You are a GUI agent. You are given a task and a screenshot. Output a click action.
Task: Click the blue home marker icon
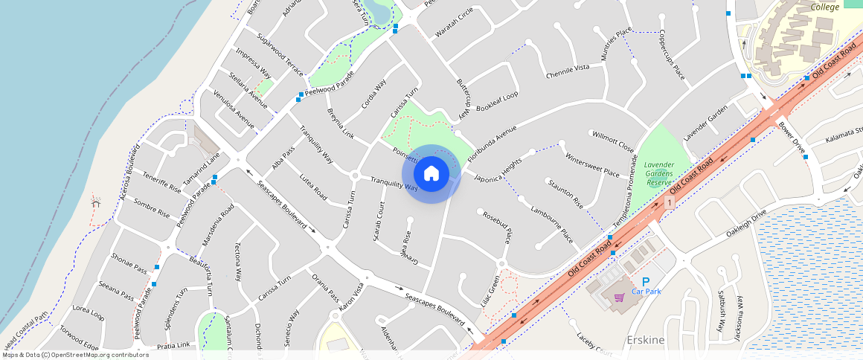431,174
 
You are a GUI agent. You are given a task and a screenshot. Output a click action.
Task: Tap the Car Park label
647,292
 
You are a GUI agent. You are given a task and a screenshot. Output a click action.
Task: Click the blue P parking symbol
646,281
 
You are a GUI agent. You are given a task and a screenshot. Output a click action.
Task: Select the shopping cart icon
619,298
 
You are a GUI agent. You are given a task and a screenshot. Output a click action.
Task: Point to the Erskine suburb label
646,340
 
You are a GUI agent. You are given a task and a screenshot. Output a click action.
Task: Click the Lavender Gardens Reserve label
658,173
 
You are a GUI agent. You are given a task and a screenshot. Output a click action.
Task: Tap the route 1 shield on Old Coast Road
670,202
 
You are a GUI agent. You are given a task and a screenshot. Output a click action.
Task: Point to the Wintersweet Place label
592,166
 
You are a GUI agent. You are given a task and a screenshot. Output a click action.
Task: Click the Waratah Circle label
454,22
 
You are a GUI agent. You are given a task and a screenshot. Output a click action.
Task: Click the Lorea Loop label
89,312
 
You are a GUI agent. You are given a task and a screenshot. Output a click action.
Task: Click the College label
824,7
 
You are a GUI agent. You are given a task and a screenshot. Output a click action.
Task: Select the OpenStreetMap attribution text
74,355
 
